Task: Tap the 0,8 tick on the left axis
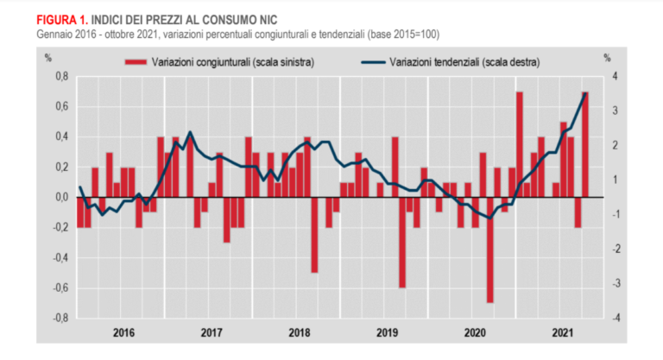61,77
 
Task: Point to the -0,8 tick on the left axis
60,318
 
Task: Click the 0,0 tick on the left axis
61,198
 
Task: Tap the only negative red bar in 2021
578,212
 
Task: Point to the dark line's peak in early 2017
190,132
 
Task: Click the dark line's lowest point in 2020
490,218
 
